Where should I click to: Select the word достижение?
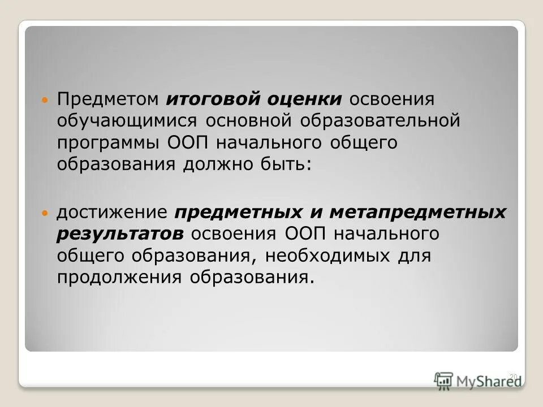[x=111, y=213]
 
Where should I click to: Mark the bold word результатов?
[x=120, y=234]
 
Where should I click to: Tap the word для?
[x=414, y=256]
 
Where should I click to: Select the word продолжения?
[x=119, y=277]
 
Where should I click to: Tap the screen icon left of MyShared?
[x=444, y=380]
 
